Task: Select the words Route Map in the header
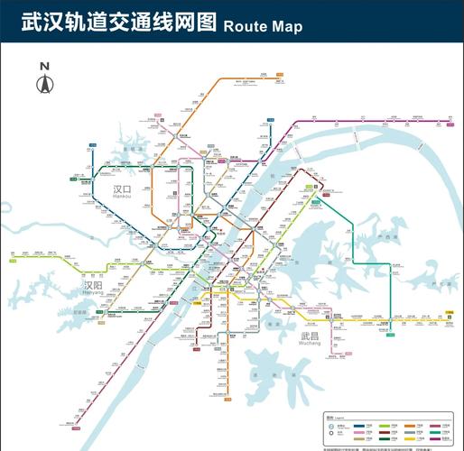tap(262, 25)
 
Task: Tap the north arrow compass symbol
tap(44, 84)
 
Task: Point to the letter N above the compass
tap(44, 66)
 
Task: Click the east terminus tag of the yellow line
tap(450, 313)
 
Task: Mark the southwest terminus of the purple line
tap(76, 423)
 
